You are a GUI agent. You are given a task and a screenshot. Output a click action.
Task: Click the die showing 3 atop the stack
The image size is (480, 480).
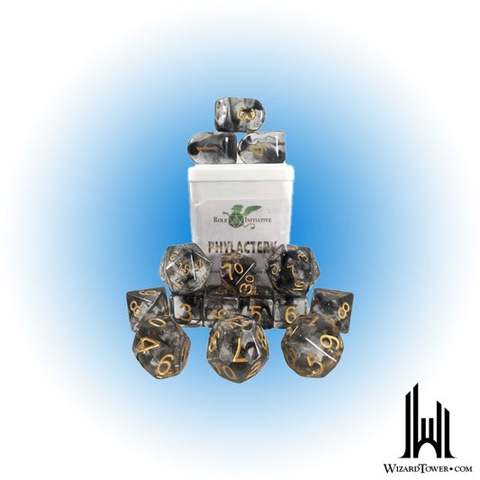(x=240, y=114)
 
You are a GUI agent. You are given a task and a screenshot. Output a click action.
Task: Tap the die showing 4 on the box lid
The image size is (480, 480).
(x=213, y=147)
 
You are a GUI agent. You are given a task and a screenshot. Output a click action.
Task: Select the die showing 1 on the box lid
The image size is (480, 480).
(x=263, y=147)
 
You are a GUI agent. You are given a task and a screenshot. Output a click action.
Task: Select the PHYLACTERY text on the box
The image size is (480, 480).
(x=240, y=247)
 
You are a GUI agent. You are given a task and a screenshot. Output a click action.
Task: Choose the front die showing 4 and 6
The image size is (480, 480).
(x=160, y=346)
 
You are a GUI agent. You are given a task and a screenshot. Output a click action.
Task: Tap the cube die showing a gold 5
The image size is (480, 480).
(x=255, y=311)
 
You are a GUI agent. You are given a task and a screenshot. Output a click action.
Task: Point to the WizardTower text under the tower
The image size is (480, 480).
(x=427, y=467)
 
